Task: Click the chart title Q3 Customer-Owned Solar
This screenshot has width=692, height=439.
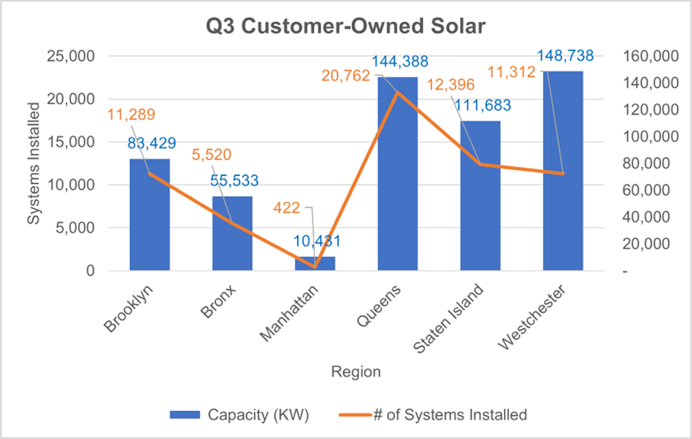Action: pos(346,27)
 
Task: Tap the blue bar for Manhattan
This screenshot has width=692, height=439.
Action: pos(315,263)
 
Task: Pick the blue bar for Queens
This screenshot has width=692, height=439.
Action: pos(397,173)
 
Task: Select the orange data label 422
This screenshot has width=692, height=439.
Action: pos(286,207)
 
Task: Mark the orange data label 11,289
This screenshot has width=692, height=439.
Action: pos(131,114)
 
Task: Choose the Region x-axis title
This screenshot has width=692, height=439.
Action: pos(356,372)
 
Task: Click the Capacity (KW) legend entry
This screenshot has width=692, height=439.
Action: pos(239,415)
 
